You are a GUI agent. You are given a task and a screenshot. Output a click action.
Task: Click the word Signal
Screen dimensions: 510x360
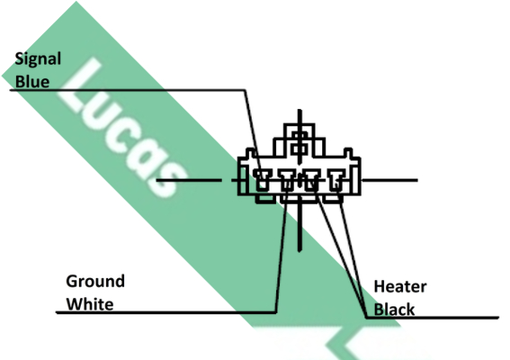38,59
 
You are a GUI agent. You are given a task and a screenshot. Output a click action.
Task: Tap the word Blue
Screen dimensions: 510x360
32,81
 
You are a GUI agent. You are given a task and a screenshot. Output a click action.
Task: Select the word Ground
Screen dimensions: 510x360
95,281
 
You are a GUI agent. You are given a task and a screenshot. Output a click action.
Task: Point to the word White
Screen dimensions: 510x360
90,304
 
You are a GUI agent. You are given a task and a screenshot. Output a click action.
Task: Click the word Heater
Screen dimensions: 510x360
400,287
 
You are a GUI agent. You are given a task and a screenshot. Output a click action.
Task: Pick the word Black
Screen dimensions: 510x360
394,310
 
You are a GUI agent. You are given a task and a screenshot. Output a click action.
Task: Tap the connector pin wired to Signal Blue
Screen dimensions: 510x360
262,180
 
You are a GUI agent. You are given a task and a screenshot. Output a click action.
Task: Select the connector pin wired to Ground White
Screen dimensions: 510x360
287,180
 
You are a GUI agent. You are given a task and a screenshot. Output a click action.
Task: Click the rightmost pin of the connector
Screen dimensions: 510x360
336,180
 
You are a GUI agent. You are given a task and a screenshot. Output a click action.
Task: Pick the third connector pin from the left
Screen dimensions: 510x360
311,180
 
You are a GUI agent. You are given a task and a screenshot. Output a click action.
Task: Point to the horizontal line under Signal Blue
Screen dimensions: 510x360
128,89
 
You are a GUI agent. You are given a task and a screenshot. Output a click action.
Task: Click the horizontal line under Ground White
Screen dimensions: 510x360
166,313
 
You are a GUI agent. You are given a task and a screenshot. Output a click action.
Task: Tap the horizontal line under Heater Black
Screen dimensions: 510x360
432,318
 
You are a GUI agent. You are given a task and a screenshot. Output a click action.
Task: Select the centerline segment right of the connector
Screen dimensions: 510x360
389,180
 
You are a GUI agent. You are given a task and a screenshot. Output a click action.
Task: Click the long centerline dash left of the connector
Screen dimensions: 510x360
189,180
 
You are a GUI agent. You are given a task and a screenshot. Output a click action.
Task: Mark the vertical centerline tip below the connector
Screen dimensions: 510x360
300,251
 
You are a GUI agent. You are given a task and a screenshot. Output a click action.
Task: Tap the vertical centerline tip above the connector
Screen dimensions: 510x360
300,110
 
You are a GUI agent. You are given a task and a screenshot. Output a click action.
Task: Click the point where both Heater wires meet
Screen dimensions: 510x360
366,317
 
